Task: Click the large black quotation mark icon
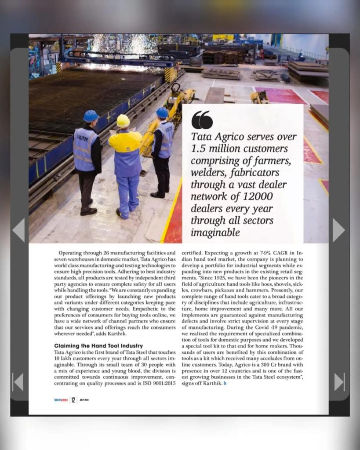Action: (202, 120)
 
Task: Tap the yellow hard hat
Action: (123, 121)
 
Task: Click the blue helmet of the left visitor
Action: (91, 116)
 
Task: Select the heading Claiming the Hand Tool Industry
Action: (98, 346)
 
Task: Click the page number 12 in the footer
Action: (73, 400)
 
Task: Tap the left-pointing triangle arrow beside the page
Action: (18, 230)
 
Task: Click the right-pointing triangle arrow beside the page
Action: (338, 230)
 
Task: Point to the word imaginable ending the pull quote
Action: (215, 232)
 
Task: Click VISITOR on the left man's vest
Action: (82, 137)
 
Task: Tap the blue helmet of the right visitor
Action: (162, 113)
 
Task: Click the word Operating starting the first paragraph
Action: (71, 253)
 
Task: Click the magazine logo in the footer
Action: (58, 400)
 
